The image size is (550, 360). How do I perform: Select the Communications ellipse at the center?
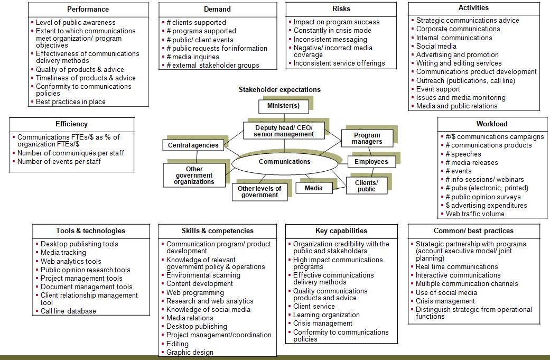[x=284, y=162]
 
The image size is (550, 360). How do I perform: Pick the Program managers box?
[x=367, y=139]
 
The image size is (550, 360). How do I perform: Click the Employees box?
[x=371, y=162]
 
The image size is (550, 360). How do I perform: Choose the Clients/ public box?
[x=366, y=186]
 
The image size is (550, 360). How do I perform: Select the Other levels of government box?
[x=259, y=192]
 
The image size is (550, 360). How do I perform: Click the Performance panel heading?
[x=88, y=10]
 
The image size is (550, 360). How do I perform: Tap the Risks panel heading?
[x=341, y=9]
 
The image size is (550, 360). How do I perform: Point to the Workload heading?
[x=491, y=124]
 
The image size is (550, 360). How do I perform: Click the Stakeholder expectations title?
[x=279, y=90]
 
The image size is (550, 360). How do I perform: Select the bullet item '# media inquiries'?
[x=192, y=57]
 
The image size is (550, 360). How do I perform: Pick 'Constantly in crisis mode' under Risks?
[x=332, y=31]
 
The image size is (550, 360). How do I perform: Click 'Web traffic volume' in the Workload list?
[x=474, y=214]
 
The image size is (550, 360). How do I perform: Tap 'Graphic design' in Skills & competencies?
[x=190, y=352]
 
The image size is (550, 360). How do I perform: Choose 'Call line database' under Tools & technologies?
[x=68, y=311]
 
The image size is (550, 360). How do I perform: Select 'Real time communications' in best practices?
[x=456, y=267]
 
